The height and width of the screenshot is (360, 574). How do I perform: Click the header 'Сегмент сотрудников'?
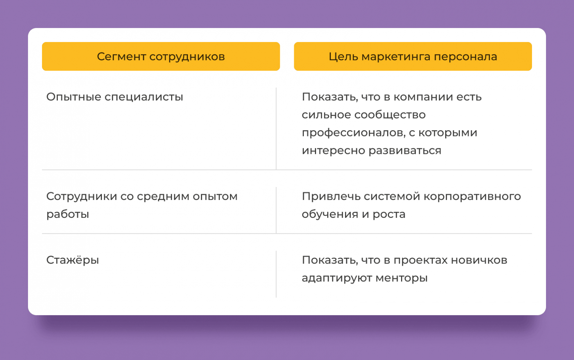click(x=161, y=57)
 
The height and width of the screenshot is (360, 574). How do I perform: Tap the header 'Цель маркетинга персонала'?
click(x=413, y=57)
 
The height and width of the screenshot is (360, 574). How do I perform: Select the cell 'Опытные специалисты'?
click(x=114, y=97)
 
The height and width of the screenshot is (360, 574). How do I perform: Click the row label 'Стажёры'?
click(x=72, y=260)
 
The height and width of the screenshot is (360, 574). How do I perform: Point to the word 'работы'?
click(x=67, y=214)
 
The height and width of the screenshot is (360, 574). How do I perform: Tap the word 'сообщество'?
click(x=390, y=115)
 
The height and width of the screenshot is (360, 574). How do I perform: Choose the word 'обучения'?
click(x=330, y=214)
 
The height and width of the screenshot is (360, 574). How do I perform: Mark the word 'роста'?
click(x=389, y=214)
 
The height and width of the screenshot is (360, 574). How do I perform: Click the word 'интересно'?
click(x=333, y=151)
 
